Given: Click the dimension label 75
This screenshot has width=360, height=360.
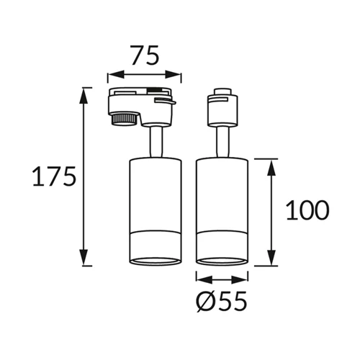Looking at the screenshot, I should (143, 55).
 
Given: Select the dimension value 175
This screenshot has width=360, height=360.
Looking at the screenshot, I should (53, 176).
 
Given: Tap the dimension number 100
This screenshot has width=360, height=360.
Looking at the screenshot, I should (307, 210).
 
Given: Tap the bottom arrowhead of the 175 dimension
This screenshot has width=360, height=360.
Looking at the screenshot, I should (86, 260).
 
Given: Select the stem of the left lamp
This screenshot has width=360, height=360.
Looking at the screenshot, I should (153, 140).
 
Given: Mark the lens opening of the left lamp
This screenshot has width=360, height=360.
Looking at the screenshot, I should (153, 258).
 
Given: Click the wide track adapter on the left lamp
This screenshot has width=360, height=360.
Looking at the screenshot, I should (144, 103).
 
